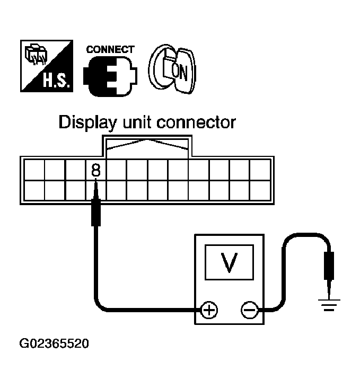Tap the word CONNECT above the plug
pos(110,49)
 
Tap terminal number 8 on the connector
pos(95,170)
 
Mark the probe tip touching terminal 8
pos(96,186)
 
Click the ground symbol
pos(329,304)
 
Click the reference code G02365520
pos(54,343)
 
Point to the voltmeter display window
pos(229,262)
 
